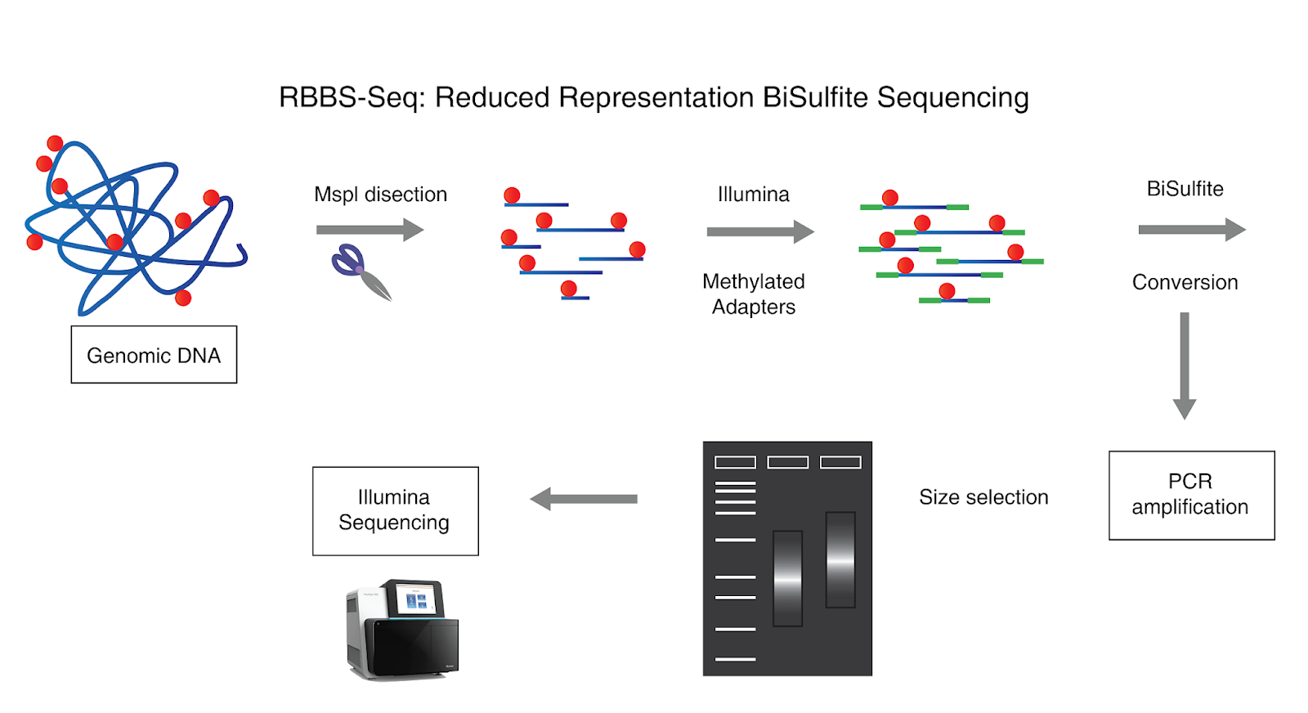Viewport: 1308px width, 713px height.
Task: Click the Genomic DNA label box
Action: point(154,355)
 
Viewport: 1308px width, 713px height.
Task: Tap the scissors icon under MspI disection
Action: point(361,271)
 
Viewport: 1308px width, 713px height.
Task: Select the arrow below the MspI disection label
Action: point(370,230)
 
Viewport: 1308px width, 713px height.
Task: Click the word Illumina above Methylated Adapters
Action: point(753,195)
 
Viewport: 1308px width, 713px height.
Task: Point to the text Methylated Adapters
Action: point(753,294)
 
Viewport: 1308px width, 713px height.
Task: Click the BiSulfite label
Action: point(1185,189)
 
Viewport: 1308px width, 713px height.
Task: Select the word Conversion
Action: point(1185,282)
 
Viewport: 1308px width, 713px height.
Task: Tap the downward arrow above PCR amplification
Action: point(1185,365)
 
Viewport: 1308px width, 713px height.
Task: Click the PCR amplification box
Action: point(1191,495)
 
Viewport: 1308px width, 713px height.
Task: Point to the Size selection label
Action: point(983,497)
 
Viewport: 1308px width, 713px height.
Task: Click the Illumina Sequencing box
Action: point(395,510)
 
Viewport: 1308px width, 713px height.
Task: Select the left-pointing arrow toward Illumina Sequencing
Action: point(583,499)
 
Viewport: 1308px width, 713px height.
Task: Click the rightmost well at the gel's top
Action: point(840,463)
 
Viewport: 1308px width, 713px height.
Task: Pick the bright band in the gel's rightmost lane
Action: point(840,562)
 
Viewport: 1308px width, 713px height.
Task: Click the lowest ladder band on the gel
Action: point(735,658)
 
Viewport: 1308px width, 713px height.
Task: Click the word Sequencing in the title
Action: point(952,97)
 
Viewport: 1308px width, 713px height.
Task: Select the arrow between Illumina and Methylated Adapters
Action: point(760,232)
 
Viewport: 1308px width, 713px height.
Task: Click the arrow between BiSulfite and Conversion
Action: point(1191,230)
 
